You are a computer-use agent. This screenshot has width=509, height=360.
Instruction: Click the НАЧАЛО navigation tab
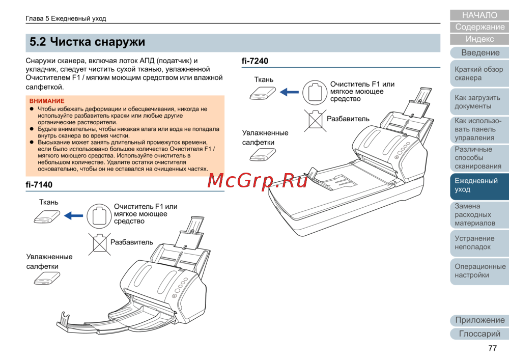(479, 15)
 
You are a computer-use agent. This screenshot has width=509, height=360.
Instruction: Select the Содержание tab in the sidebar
(479, 27)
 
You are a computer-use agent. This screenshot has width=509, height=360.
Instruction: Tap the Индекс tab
(479, 39)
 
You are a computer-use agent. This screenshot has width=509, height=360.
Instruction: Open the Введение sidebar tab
(479, 52)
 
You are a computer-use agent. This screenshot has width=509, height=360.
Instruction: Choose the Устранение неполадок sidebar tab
(479, 242)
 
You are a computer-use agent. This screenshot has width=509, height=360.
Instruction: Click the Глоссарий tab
(479, 334)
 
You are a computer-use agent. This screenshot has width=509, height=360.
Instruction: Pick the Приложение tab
(479, 320)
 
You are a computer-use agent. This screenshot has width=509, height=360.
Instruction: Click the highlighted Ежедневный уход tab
(479, 185)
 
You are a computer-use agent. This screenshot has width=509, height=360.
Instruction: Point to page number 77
(492, 348)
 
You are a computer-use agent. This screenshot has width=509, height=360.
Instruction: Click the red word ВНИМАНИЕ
(47, 101)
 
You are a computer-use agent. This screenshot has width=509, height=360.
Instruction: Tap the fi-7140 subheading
(39, 185)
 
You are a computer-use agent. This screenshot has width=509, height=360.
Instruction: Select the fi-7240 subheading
(255, 61)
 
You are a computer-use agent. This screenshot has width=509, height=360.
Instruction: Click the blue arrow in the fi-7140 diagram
(74, 215)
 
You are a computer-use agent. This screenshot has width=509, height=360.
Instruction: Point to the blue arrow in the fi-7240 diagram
(289, 92)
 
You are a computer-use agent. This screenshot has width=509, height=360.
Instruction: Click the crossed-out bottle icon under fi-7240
(315, 121)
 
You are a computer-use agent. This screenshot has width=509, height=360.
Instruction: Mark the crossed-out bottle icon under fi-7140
(99, 244)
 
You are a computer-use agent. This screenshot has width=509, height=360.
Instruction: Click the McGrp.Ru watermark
(258, 180)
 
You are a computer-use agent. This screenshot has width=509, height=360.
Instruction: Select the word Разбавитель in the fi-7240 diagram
(348, 119)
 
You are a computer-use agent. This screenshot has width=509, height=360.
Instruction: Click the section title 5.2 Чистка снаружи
(88, 42)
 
